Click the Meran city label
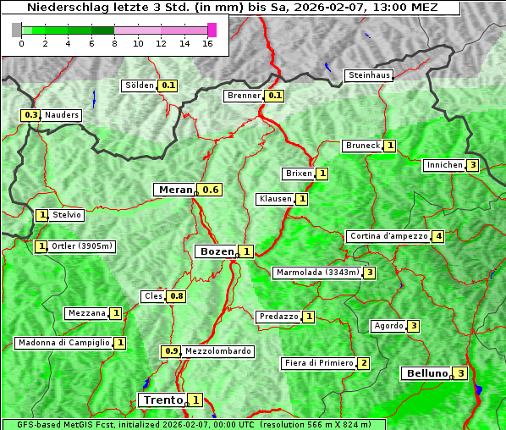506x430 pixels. [x=175, y=190]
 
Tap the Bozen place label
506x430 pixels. [x=216, y=251]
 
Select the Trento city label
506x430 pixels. [x=162, y=400]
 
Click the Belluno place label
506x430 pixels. [x=426, y=373]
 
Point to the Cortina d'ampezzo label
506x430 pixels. [x=388, y=236]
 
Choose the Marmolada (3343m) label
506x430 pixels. [x=317, y=273]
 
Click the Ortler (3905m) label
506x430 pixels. [x=82, y=246]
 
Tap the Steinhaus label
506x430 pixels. [x=370, y=75]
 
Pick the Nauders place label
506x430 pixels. [x=62, y=115]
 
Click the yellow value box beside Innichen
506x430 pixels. [x=473, y=165]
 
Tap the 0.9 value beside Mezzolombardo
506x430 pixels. [x=171, y=351]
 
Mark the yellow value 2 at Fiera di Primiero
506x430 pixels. [x=364, y=363]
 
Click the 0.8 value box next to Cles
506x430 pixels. [x=176, y=296]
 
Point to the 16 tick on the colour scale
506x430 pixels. [x=207, y=44]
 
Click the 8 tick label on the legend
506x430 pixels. [x=113, y=44]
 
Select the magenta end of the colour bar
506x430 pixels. [x=212, y=30]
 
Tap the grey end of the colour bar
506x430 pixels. [x=17, y=30]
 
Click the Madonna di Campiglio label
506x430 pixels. [x=63, y=343]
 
